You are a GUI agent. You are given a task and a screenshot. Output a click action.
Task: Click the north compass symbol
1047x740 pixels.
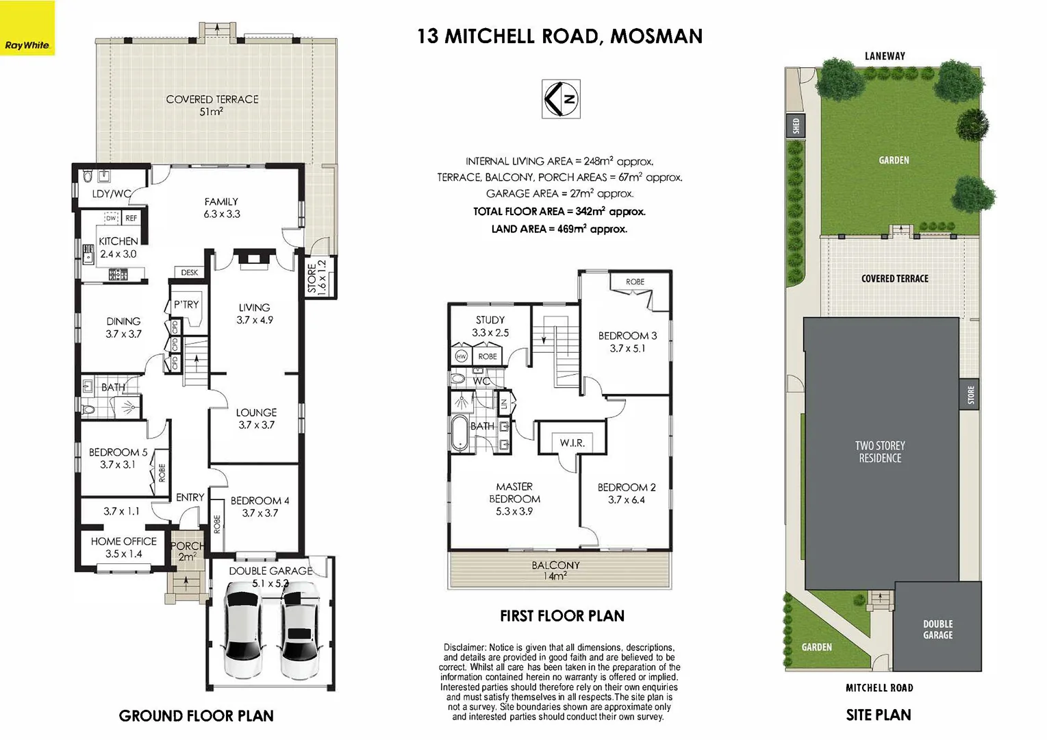[561, 99]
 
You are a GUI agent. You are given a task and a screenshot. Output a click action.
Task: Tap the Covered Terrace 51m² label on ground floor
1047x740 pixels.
[212, 105]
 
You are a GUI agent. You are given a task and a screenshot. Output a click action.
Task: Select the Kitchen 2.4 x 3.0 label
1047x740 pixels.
[118, 247]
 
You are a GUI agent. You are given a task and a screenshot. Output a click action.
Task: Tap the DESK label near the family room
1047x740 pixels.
[190, 273]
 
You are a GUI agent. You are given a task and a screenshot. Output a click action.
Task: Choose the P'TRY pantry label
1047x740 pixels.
[186, 304]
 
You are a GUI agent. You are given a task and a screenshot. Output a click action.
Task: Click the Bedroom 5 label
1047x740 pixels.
[118, 458]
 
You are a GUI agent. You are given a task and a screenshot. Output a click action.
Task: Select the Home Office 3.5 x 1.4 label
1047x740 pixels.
[123, 547]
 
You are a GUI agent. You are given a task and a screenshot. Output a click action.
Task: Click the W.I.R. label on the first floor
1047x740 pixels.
[572, 443]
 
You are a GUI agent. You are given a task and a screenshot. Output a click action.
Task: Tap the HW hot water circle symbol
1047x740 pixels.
[461, 356]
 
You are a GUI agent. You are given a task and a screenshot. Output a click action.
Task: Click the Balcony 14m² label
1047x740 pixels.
[555, 570]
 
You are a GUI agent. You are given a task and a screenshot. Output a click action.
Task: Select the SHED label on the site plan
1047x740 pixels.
[796, 126]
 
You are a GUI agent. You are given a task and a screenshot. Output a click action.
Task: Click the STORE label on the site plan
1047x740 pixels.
[970, 395]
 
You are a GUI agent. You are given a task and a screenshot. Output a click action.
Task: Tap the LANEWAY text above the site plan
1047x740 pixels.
[884, 56]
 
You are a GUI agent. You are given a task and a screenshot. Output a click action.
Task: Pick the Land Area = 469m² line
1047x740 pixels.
[559, 229]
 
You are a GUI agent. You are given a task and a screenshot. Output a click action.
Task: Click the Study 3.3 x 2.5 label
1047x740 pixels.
[490, 326]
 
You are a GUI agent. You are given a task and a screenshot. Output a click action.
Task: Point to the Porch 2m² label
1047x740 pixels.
[186, 551]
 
